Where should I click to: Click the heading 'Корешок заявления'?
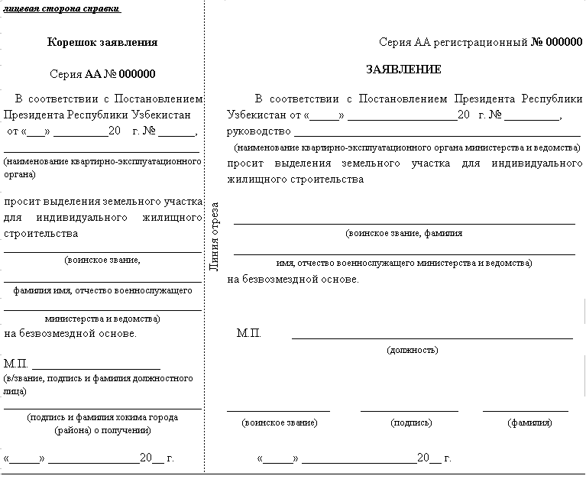point(102,43)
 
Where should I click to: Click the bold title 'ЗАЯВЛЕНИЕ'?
point(403,70)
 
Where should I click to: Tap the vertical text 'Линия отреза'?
point(215,236)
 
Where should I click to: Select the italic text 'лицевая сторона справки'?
point(62,8)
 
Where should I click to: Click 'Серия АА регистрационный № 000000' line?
point(480,43)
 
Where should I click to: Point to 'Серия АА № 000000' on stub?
point(102,74)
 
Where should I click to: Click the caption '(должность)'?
point(413,350)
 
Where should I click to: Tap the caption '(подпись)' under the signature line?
point(411,422)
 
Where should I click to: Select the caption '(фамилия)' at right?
point(529,422)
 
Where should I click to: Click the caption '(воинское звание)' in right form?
point(279,422)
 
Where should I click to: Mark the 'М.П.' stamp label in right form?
point(249,333)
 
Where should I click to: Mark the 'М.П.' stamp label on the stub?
point(16,363)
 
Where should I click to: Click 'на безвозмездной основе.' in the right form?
point(293,279)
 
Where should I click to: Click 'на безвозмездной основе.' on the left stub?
point(70,333)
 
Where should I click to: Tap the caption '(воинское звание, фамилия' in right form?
point(403,233)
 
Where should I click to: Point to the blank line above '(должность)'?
point(432,338)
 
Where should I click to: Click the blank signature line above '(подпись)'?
point(410,411)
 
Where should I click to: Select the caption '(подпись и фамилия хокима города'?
point(102,417)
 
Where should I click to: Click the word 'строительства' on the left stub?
point(41,233)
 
